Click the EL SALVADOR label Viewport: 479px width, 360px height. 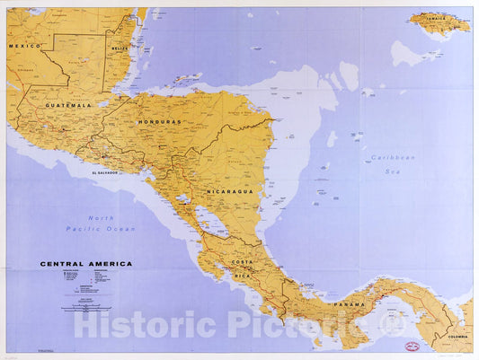point(105,172)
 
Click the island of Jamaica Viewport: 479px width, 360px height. point(439,22)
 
